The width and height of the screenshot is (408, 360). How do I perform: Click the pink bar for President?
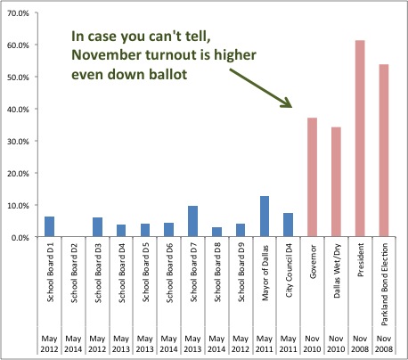pos(360,138)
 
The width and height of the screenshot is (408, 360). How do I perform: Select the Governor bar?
pos(312,177)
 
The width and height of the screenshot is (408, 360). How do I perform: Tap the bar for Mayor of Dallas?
pos(265,217)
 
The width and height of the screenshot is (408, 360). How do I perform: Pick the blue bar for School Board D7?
pos(192,221)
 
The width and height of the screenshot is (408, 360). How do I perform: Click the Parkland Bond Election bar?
pos(384,151)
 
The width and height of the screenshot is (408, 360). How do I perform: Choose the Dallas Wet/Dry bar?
pos(336,182)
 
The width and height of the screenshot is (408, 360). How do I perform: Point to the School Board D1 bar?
pos(49,226)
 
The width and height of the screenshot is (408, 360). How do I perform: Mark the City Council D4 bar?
pos(288,225)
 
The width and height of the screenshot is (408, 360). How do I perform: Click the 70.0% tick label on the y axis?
pos(18,13)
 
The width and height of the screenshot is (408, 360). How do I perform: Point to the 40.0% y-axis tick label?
pos(18,110)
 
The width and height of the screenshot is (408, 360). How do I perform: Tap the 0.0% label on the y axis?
pos(20,238)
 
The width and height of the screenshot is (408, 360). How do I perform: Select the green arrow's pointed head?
pos(288,102)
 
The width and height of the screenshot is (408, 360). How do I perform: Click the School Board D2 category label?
pos(74,273)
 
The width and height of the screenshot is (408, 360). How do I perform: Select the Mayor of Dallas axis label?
pos(265,273)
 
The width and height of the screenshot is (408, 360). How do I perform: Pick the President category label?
pos(360,260)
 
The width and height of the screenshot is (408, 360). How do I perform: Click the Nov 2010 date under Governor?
pos(312,344)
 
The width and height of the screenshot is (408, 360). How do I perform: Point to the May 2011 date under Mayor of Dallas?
pos(265,344)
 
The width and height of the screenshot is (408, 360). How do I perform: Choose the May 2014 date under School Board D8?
pos(216,344)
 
